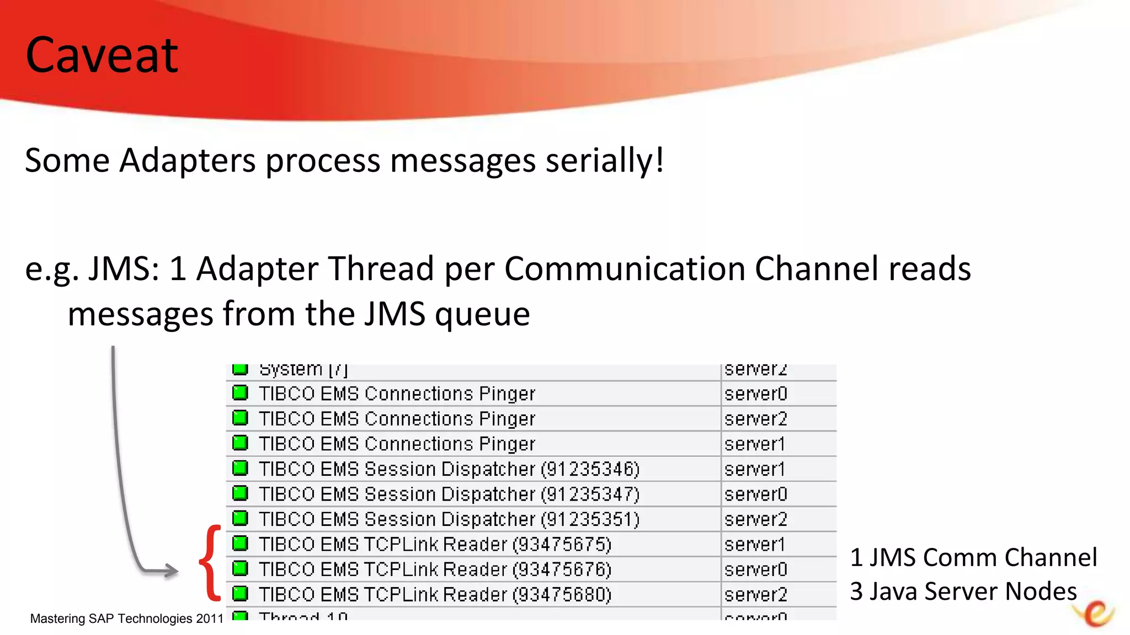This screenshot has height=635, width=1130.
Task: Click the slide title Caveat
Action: point(102,55)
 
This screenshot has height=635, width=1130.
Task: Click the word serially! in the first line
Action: point(605,161)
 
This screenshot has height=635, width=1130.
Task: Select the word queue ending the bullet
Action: point(482,315)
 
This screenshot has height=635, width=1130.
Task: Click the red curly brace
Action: point(210,563)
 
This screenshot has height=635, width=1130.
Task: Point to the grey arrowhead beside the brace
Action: point(168,571)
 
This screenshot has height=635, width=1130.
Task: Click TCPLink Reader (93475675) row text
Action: point(435,545)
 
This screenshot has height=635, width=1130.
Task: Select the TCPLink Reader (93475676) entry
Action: point(435,569)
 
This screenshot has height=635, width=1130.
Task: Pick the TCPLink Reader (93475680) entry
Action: point(435,595)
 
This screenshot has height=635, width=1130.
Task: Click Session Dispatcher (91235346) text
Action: point(449,469)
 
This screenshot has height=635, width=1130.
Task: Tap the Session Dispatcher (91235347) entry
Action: point(449,494)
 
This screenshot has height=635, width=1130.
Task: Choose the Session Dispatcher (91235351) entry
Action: point(449,519)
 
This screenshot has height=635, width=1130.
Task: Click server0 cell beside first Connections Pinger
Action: point(755,394)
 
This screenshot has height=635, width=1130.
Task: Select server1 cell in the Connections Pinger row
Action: point(754,444)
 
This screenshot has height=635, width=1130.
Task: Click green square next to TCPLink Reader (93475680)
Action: point(240,594)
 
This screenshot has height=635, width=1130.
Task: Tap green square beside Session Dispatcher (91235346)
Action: point(240,469)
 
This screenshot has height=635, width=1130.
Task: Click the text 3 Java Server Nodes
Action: point(963,591)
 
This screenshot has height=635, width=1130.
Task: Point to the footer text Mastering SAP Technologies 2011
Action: point(126,618)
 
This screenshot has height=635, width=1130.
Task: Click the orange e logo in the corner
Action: point(1095,614)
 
